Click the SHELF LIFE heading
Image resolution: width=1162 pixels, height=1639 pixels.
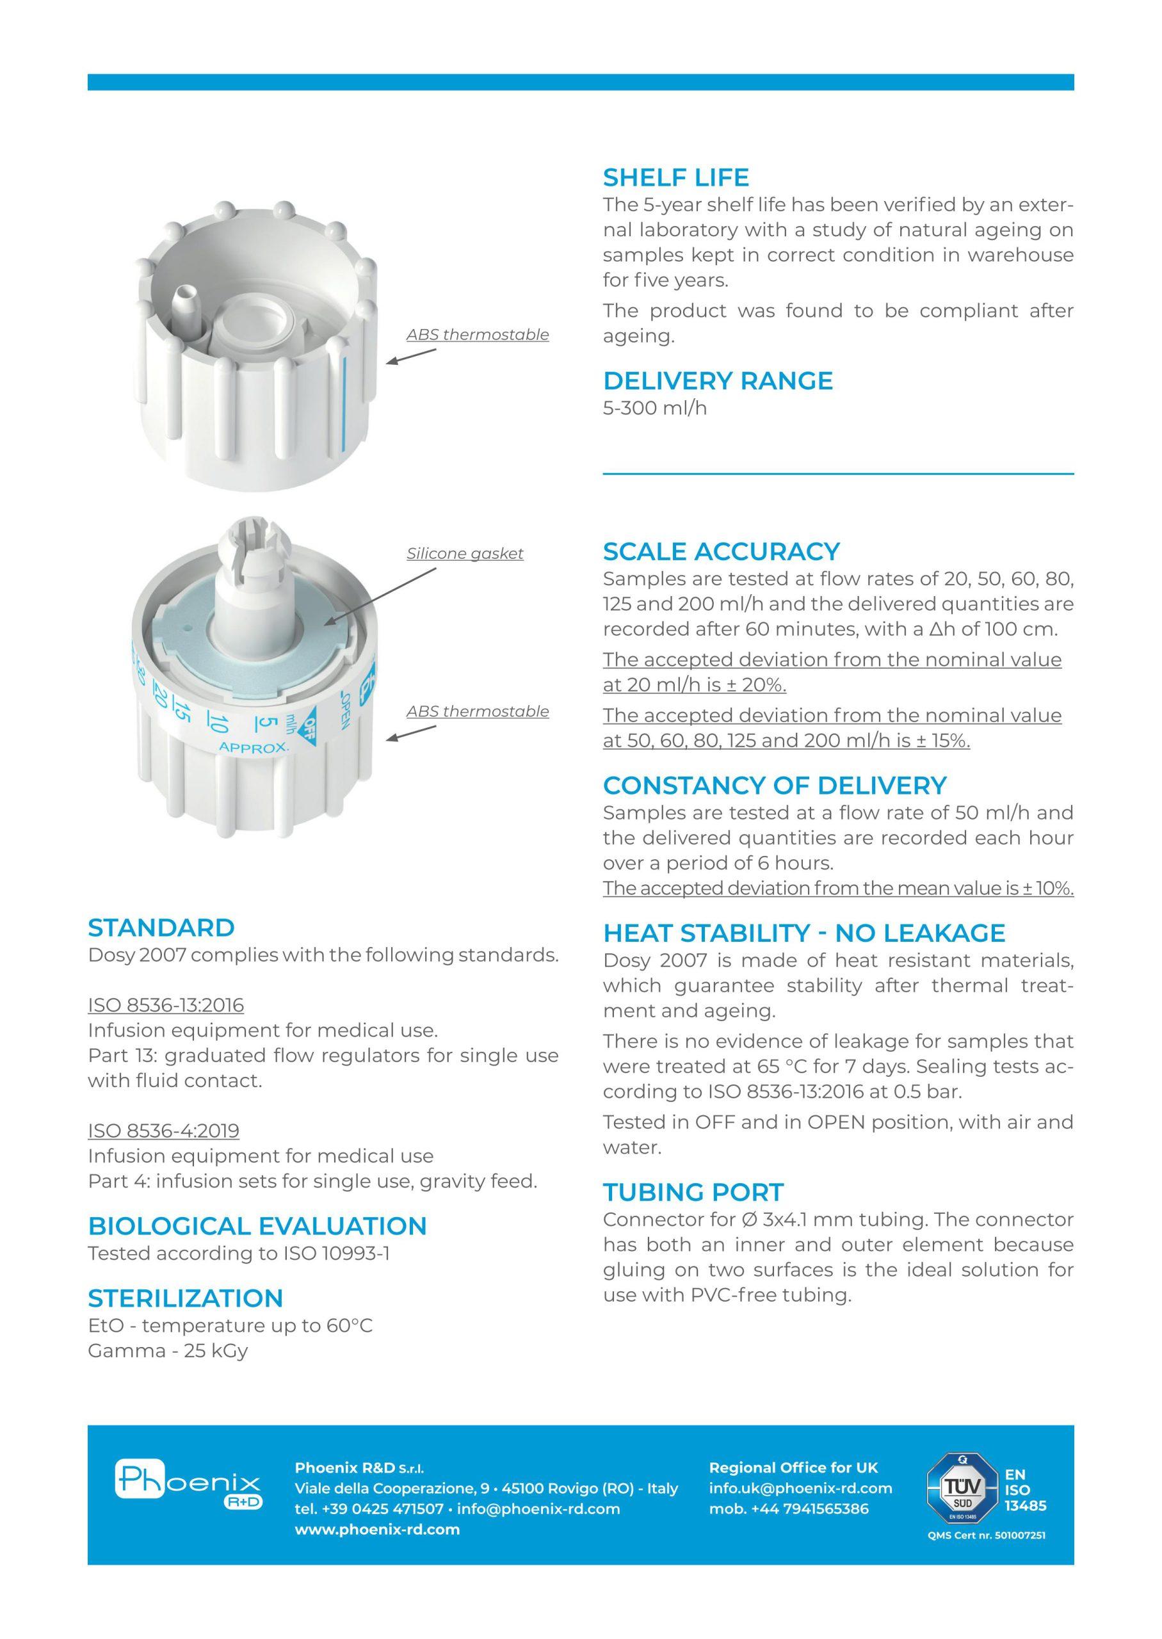point(675,177)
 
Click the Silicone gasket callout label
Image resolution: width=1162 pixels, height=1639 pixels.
point(465,553)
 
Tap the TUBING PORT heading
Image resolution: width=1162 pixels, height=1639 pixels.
point(693,1192)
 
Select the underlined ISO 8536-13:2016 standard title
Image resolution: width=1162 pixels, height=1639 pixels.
point(166,1005)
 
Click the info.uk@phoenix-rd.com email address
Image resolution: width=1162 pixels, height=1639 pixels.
point(800,1488)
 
